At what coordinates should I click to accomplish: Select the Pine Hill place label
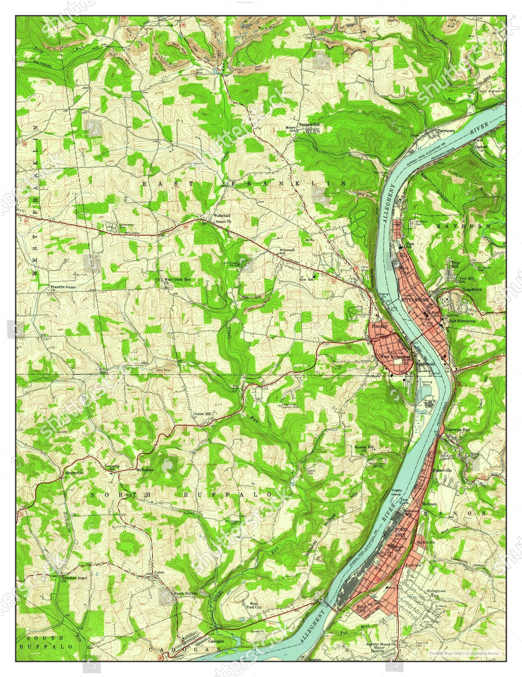click(x=379, y=326)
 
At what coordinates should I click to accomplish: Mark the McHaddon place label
click(x=145, y=469)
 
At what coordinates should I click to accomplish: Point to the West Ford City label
click(x=253, y=605)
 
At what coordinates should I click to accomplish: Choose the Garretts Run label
click(x=457, y=430)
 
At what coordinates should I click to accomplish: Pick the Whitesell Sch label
click(x=286, y=251)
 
